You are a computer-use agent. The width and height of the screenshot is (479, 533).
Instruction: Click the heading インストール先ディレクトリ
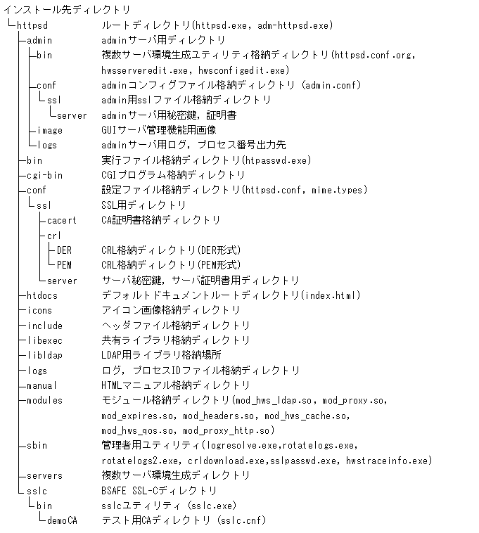pos(67,10)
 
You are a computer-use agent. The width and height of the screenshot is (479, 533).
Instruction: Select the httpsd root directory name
pos(31,25)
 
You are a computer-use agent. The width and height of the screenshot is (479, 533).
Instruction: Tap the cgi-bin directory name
pos(44,175)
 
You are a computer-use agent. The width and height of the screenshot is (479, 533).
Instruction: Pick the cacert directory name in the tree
pos(62,220)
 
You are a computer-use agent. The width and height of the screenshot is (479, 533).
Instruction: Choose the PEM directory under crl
pos(64,265)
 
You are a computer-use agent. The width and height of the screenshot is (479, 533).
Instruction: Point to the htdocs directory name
pos(41,295)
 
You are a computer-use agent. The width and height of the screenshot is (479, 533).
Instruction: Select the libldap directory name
pos(44,355)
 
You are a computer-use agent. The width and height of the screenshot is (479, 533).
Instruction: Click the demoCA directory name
pos(62,520)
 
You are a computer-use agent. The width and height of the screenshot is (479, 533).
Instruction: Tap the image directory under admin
pos(49,130)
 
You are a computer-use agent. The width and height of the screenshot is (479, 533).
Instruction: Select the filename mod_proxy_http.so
pos(226,430)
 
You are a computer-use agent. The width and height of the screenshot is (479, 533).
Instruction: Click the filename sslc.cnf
pos(241,520)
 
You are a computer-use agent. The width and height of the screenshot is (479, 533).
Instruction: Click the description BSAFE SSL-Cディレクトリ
pos(159,491)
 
